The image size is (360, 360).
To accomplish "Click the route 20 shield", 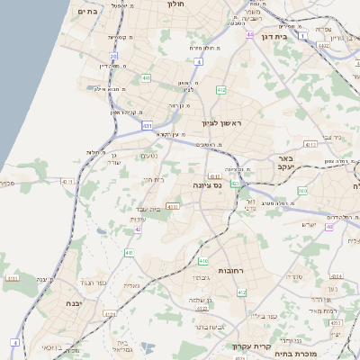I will coord(113,56).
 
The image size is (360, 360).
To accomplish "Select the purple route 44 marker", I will coord(249,34).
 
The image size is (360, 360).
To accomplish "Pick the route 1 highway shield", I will coord(304,36).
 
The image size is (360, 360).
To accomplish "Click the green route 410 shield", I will coord(203,261).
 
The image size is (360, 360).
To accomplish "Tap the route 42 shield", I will coord(139,229).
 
